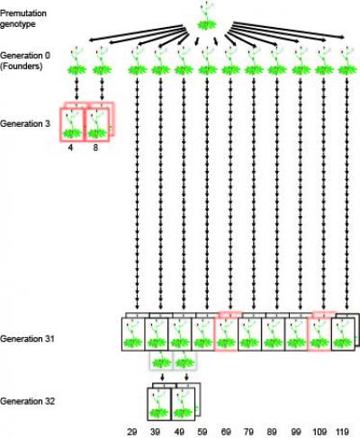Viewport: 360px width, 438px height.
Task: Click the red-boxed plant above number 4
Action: (x=71, y=124)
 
